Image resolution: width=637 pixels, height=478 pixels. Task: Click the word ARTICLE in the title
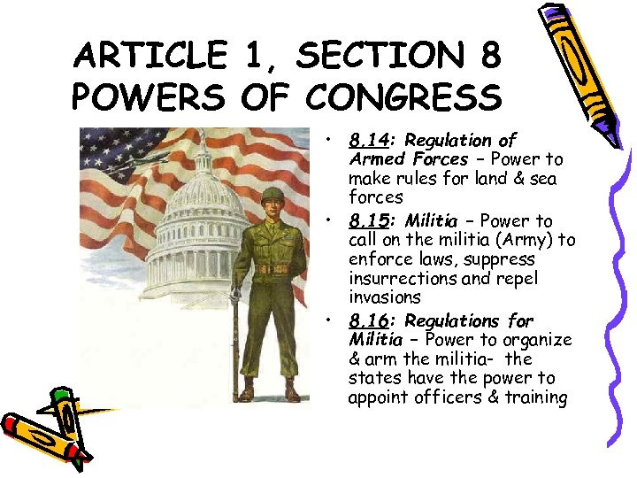tap(150, 56)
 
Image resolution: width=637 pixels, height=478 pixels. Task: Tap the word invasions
tap(384, 297)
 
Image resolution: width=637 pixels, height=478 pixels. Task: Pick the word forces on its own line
tap(375, 197)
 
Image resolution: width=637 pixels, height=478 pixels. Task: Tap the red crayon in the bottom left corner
tap(44, 434)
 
